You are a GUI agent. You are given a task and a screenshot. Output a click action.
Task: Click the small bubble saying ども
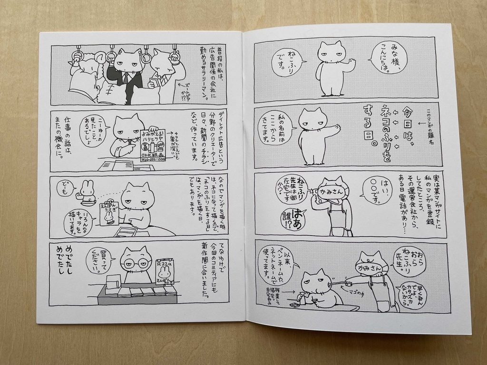(x=63, y=188)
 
